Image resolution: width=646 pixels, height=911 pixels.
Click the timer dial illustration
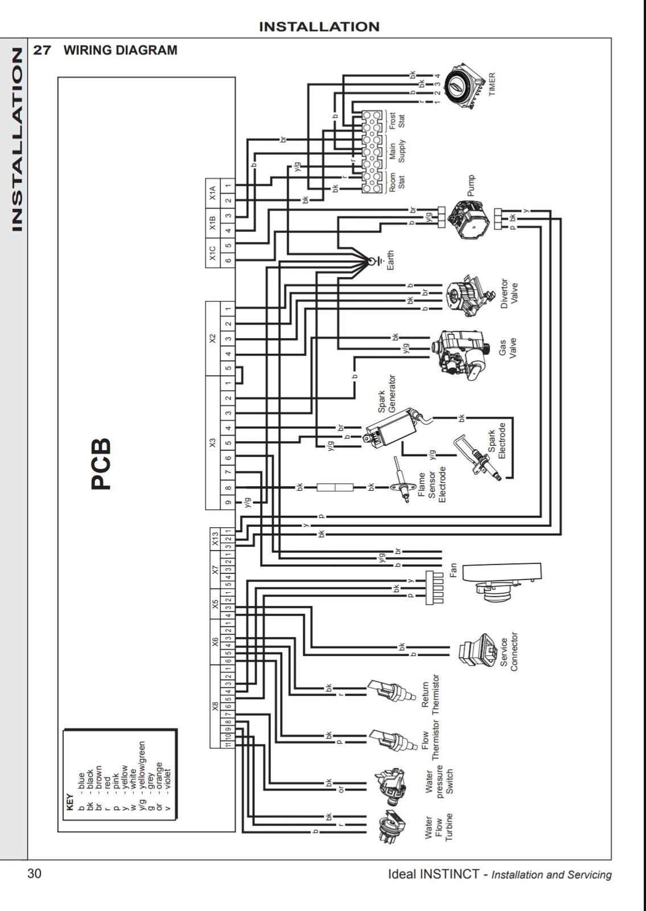pyautogui.click(x=464, y=86)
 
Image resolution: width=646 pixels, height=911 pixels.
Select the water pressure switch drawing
pyautogui.click(x=390, y=786)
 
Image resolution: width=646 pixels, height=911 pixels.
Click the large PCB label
pyautogui.click(x=101, y=463)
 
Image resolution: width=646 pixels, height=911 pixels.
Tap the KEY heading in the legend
pyautogui.click(x=70, y=802)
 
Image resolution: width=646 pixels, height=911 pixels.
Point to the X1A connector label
pyautogui.click(x=212, y=193)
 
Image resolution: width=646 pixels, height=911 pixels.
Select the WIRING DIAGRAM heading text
pyautogui.click(x=120, y=50)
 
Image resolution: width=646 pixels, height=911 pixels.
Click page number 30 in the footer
pyautogui.click(x=35, y=873)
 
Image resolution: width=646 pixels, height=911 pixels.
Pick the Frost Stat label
pyautogui.click(x=397, y=121)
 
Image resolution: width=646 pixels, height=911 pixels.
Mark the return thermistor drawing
pyautogui.click(x=391, y=691)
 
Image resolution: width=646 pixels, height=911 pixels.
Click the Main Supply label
pyautogui.click(x=397, y=152)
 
